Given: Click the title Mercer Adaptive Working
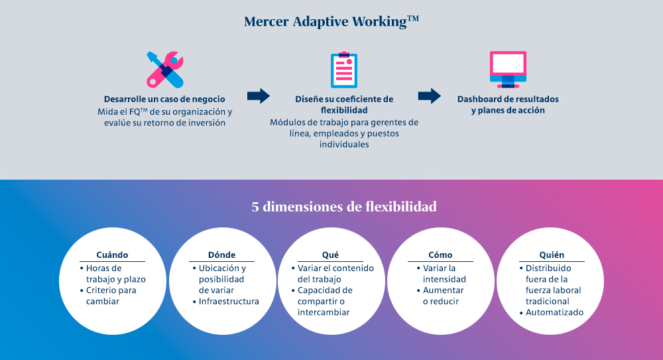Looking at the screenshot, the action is pos(331,22).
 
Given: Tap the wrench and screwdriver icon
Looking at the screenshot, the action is pos(165,70).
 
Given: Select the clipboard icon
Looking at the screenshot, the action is pos(343,70).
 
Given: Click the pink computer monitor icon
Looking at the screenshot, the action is pos(508,70).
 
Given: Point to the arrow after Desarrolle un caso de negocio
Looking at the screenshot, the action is pos(259,96).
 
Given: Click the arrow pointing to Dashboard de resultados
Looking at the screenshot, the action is pos(429,96).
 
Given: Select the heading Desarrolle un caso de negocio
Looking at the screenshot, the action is pos(164,99).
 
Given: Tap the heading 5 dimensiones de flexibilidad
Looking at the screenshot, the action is pos(343,206).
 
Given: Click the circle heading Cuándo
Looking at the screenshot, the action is pos(112,255).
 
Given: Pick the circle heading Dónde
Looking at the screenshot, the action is pos(221,255).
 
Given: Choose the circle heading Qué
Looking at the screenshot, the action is pos(330,255).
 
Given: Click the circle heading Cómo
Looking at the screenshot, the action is pos(440,255).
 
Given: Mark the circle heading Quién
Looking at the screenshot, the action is pos(552,255).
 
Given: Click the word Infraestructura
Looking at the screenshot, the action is pos(229,301).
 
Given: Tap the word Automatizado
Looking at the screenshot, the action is pos(554,312).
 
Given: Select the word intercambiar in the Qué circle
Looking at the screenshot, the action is pos(324,312).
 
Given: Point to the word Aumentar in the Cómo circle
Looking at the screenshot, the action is pos(443,290).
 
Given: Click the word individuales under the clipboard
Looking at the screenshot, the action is pos(343,145).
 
